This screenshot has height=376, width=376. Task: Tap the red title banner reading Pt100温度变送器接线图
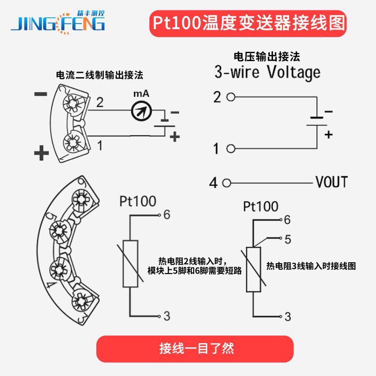[248, 23]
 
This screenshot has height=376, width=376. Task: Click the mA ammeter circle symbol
[141, 110]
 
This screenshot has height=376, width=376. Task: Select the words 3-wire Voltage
[267, 73]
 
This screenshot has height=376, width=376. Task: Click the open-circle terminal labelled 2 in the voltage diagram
[230, 97]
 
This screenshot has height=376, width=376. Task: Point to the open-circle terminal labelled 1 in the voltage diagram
[230, 149]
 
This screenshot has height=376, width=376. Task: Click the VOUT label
[331, 182]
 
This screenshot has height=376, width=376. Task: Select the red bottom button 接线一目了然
[195, 349]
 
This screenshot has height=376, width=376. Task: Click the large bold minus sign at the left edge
[41, 94]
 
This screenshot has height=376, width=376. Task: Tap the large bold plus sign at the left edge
[41, 153]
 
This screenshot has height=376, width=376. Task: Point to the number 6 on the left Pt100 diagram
[166, 215]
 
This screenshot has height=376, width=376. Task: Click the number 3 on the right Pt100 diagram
[288, 317]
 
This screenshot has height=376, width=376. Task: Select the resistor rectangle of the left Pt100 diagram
[130, 263]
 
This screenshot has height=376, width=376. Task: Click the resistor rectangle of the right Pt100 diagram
[253, 269]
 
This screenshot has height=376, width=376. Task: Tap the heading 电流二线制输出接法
[99, 75]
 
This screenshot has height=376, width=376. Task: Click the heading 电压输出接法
[266, 57]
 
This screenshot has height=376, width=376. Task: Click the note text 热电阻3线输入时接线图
[311, 266]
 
